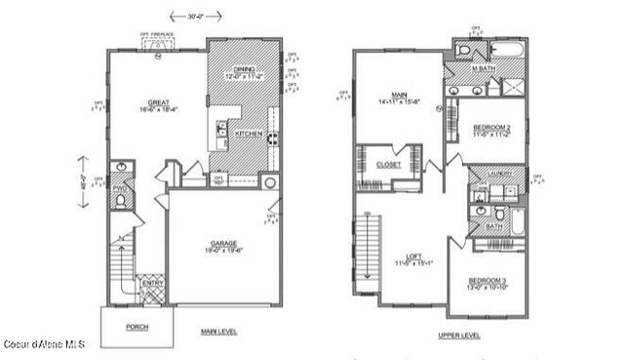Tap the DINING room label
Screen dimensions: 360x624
click(245, 68)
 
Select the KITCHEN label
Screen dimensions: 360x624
click(248, 134)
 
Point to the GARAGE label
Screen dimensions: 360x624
click(223, 244)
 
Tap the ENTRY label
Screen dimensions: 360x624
click(152, 283)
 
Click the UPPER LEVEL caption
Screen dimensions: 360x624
click(458, 335)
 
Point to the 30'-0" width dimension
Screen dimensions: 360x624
click(188, 16)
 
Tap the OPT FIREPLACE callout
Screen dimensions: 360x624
click(156, 35)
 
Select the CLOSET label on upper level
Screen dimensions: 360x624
click(388, 165)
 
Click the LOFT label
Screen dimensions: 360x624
click(414, 256)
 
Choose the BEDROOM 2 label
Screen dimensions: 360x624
click(492, 128)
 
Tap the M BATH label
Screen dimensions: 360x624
click(483, 68)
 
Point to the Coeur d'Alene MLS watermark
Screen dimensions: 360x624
click(43, 343)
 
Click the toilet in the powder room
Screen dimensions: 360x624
click(120, 200)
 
